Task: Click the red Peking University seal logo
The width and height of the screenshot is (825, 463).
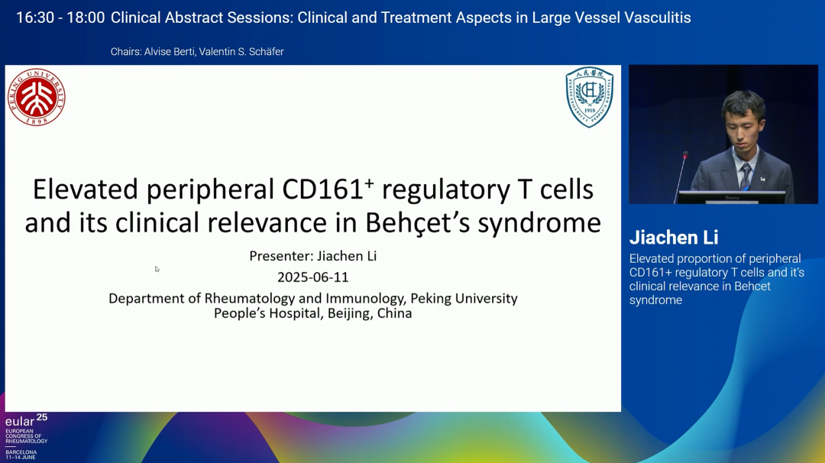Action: [x=37, y=97]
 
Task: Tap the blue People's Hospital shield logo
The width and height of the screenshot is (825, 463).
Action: [x=589, y=97]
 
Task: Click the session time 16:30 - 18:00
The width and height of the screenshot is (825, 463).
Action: [x=60, y=18]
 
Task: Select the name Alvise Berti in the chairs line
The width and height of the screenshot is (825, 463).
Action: [x=169, y=51]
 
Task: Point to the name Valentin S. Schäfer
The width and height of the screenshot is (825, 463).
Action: [x=241, y=51]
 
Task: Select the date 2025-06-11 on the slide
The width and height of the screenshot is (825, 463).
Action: [x=313, y=277]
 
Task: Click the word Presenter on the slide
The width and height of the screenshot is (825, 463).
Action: [x=281, y=256]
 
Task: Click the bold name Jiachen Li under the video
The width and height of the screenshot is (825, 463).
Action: [x=674, y=238]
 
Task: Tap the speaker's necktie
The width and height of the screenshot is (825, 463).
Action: [x=746, y=176]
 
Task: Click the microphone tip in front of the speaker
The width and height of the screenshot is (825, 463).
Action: [x=685, y=154]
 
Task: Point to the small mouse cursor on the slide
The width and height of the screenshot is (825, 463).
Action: [x=157, y=269]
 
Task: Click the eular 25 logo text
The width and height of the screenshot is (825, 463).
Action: [x=26, y=420]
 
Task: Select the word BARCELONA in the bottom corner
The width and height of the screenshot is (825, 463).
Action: [x=21, y=452]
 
